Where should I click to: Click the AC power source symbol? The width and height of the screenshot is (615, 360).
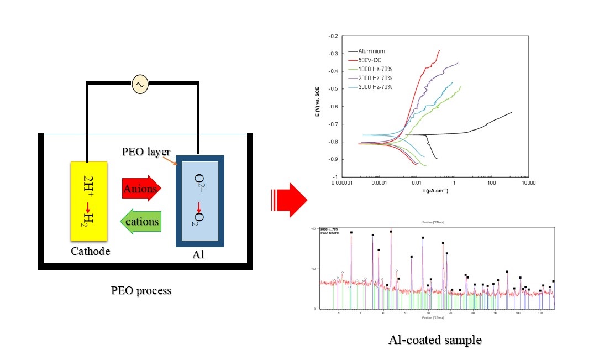139,85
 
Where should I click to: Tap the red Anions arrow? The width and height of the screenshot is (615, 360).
141,189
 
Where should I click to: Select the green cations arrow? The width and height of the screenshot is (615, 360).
141,222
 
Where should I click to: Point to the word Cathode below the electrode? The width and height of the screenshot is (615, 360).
91,252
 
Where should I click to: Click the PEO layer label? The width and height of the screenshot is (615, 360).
146,151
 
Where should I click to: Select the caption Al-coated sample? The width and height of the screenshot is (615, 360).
435,339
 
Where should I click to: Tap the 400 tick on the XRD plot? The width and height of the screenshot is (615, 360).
312,228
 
